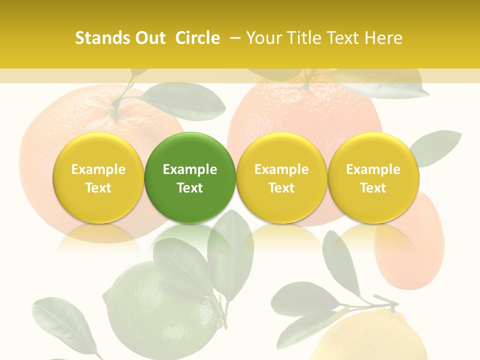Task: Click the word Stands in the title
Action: (x=102, y=38)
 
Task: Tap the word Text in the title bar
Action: (x=345, y=38)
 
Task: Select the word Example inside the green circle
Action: (x=190, y=169)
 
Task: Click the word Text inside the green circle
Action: (x=190, y=188)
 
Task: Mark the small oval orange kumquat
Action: (x=410, y=245)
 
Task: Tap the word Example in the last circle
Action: (x=373, y=169)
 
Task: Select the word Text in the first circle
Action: (x=98, y=188)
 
